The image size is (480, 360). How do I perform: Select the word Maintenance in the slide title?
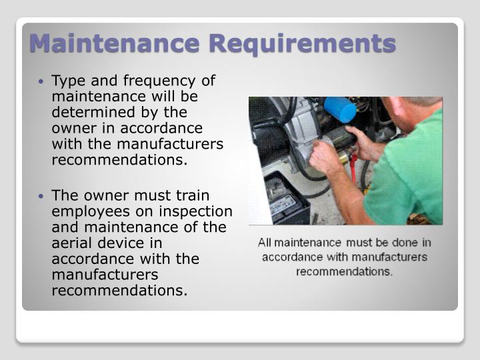(x=115, y=44)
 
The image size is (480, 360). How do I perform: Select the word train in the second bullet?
(x=191, y=195)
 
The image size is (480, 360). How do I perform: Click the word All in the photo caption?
(x=267, y=243)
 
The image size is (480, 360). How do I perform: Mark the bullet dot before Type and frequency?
(x=42, y=82)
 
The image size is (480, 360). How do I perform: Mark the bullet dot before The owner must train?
(x=42, y=196)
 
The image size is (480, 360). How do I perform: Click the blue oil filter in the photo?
(x=340, y=109)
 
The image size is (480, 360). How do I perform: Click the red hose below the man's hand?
(x=353, y=170)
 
